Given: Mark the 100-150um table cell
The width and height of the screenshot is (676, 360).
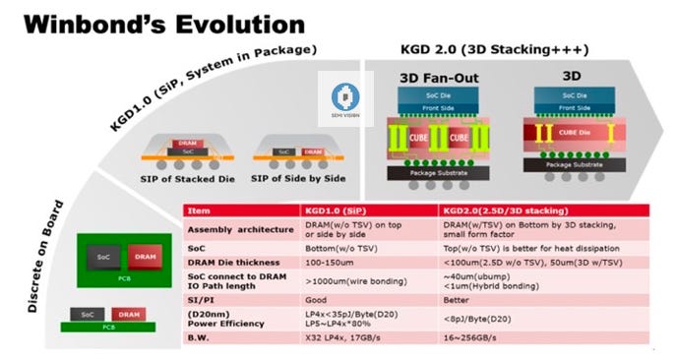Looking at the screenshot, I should pos(330,264).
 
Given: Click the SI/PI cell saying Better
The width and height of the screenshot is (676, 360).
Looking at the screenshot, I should pos(455,299).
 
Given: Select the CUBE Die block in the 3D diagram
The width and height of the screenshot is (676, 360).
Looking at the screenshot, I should pos(577,131).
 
